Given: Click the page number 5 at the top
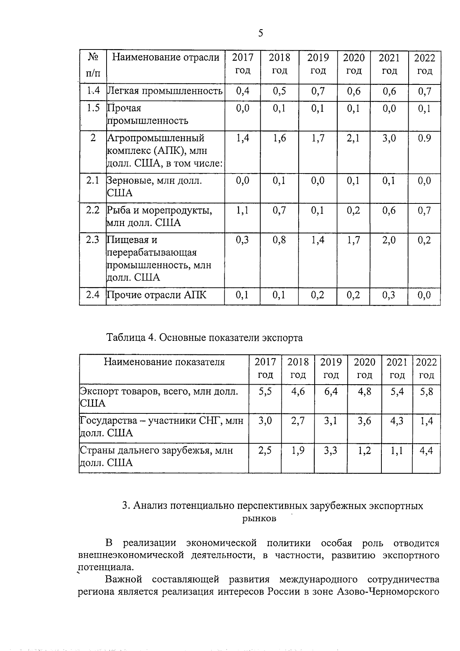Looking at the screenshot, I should [261, 33].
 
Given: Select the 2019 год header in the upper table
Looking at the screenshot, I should [318, 64].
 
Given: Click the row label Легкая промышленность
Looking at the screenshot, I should [165, 91].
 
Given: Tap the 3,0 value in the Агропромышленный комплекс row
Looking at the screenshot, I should [389, 138].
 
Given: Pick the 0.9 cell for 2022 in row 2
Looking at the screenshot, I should [424, 138].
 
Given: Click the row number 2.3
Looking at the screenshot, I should [93, 240].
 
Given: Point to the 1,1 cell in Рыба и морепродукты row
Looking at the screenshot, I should [242, 210].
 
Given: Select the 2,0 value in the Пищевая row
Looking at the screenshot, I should [389, 240].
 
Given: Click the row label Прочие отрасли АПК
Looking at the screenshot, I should [156, 295].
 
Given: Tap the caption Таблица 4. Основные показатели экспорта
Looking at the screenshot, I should [205, 338].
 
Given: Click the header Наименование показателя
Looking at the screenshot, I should [164, 362].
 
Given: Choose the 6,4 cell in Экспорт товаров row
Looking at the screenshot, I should [331, 392].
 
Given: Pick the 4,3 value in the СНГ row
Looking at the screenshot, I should [397, 421].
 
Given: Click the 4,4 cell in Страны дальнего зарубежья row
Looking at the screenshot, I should [426, 451].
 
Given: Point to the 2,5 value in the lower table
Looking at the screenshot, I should [265, 451].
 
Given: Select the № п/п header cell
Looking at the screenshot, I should [93, 64].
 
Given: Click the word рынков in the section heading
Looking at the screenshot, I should [259, 519].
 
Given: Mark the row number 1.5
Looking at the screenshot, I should [93, 109].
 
